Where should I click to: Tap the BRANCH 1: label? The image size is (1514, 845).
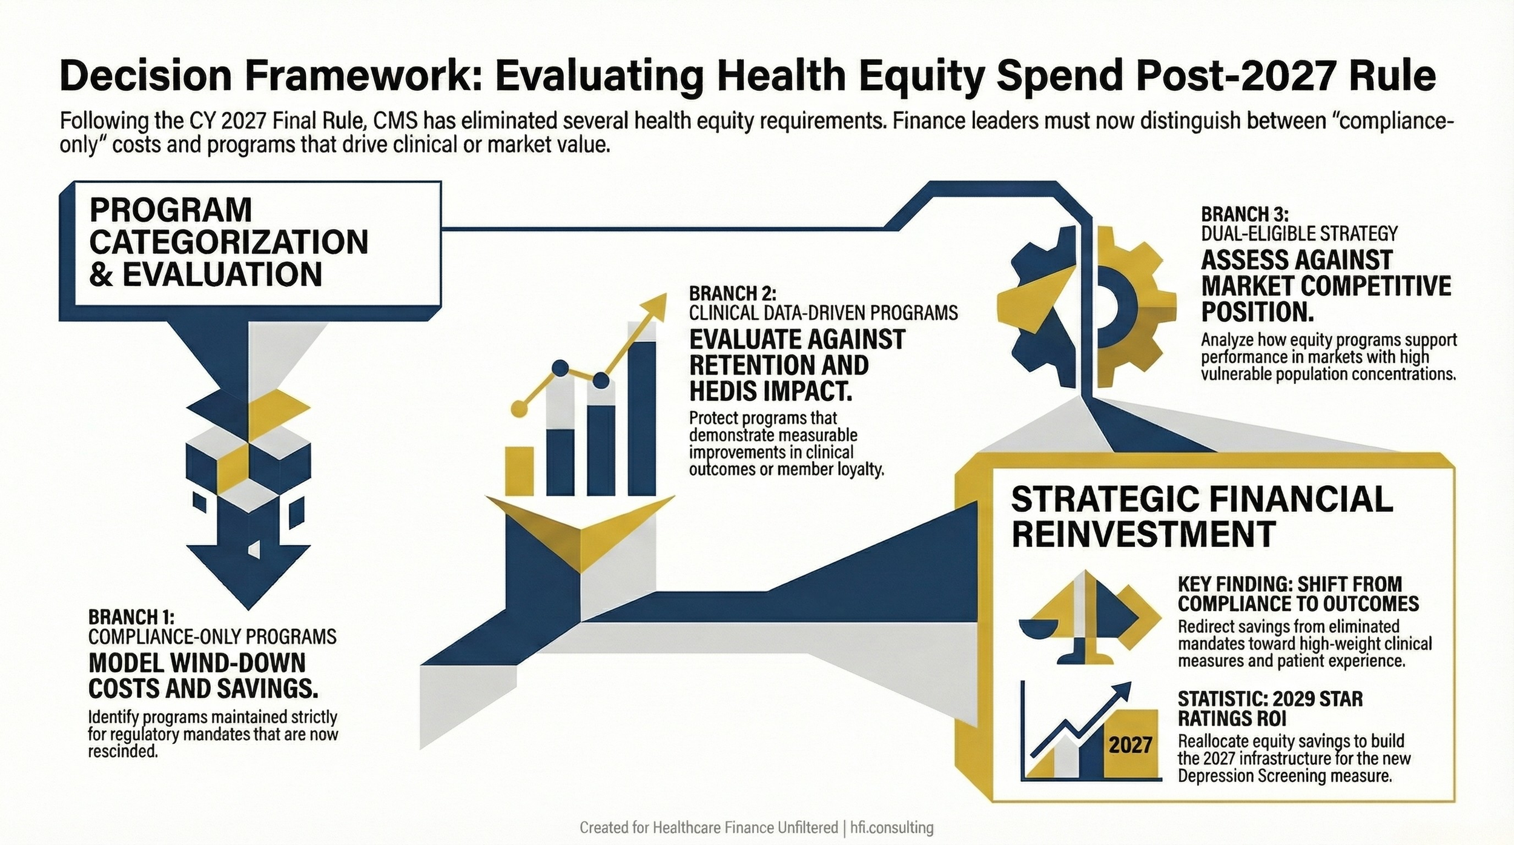click(x=131, y=617)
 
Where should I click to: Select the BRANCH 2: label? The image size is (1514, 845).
click(x=732, y=294)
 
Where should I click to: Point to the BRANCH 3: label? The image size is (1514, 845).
click(x=1245, y=214)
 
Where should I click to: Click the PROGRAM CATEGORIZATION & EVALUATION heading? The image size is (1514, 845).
click(x=228, y=242)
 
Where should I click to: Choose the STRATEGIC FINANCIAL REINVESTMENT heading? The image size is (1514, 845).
click(x=1202, y=517)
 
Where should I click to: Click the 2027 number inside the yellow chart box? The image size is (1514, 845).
click(x=1130, y=744)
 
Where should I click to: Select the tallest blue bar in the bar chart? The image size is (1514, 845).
click(x=641, y=418)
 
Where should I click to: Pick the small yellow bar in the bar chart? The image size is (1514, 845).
click(x=519, y=471)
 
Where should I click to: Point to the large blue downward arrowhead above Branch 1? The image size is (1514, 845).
click(x=248, y=572)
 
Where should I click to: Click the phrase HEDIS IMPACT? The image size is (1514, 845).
click(x=770, y=391)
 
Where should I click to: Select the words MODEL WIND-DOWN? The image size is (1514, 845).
click(x=197, y=663)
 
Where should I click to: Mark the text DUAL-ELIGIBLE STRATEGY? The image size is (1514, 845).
click(x=1299, y=234)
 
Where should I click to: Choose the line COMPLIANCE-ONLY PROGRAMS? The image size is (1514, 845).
click(x=213, y=637)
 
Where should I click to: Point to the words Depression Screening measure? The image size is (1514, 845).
click(x=1284, y=776)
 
